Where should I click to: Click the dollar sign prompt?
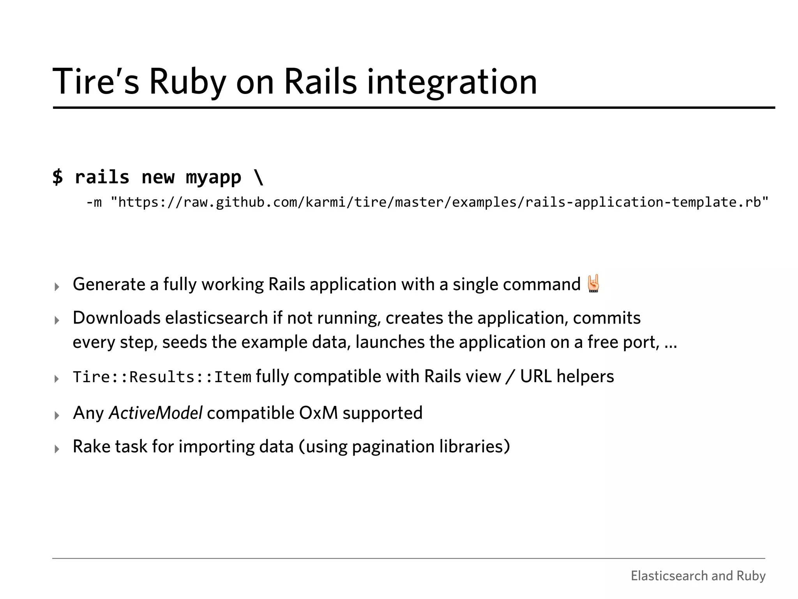(58, 177)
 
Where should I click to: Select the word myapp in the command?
(213, 178)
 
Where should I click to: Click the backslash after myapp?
(259, 177)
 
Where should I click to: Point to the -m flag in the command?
(94, 202)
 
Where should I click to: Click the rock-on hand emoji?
(593, 284)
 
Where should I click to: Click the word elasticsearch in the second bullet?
(216, 318)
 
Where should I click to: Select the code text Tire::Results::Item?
(162, 377)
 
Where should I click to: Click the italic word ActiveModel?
(155, 413)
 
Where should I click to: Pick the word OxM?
(318, 413)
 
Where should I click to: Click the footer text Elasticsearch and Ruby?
(698, 576)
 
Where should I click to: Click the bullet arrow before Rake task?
(57, 449)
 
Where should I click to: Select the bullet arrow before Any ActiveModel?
(57, 415)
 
